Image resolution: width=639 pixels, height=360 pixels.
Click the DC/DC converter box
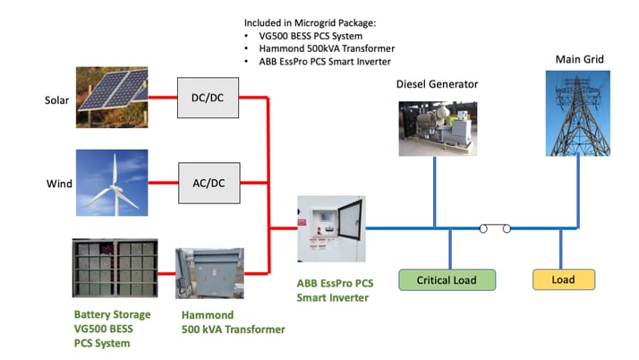(209, 98)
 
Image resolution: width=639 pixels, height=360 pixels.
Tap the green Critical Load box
(447, 280)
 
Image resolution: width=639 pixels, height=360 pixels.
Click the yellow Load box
(563, 279)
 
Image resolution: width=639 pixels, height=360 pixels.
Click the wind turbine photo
(113, 184)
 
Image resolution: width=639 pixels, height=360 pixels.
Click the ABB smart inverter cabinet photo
(329, 229)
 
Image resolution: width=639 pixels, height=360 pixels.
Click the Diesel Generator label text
(437, 84)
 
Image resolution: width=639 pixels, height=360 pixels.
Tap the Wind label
(59, 184)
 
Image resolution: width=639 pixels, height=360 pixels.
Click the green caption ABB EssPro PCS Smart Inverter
(335, 290)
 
